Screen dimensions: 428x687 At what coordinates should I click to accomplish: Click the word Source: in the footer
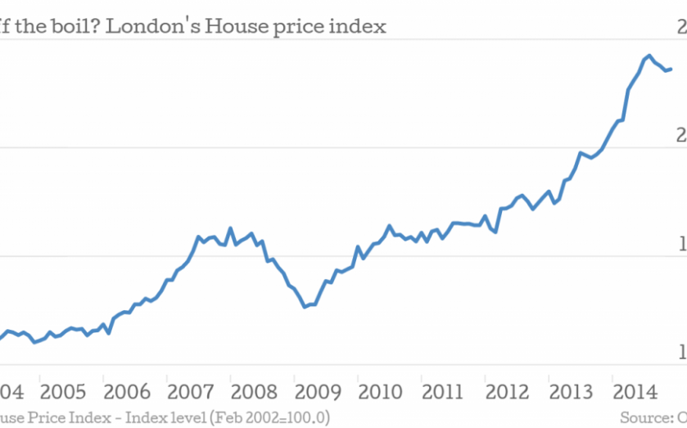644,417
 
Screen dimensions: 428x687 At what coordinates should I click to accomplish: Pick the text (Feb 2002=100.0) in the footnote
269,417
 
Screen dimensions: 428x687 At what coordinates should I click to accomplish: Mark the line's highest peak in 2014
649,56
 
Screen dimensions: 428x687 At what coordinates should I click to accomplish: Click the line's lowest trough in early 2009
305,307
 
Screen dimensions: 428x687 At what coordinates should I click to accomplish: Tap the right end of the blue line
671,69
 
